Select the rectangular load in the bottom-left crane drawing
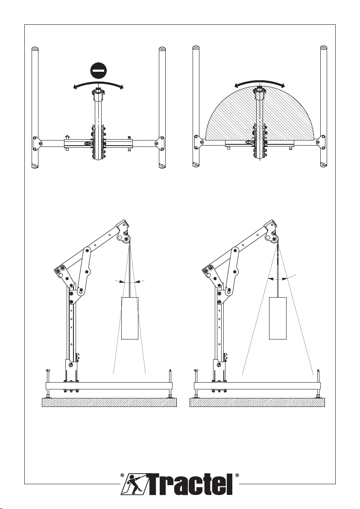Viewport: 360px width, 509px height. point(130,318)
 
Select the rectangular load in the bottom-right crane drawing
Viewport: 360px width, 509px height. point(278,318)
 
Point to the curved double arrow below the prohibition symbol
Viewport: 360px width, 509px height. point(98,84)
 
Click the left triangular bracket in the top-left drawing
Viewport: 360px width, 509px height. point(37,143)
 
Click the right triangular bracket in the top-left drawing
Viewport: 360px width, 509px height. point(159,143)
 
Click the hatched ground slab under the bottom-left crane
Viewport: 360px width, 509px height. point(109,403)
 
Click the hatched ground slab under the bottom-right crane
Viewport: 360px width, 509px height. point(257,403)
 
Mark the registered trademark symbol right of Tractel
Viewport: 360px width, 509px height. point(237,475)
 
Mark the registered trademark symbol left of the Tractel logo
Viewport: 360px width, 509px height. point(122,475)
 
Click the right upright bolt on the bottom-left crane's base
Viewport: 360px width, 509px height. point(170,383)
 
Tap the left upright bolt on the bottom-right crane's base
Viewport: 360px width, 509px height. point(196,383)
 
